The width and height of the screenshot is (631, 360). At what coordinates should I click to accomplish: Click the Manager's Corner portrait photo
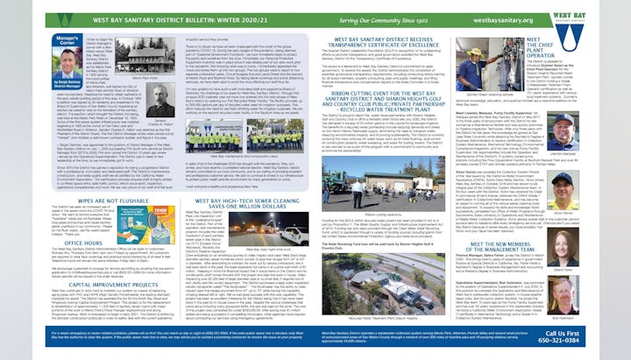[69, 60]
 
